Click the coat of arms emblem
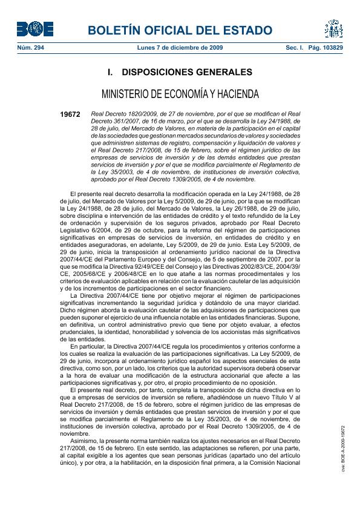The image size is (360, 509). click(x=333, y=28)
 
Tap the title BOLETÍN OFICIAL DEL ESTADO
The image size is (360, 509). click(x=180, y=30)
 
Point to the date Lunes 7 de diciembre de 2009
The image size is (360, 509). click(x=180, y=47)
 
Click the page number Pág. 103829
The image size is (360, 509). click(x=330, y=47)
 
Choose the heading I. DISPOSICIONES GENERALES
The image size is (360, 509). click(x=180, y=73)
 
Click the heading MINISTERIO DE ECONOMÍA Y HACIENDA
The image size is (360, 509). click(x=180, y=94)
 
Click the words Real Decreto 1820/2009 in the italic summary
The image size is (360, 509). click(x=117, y=114)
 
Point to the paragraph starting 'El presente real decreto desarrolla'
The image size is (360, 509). click(x=180, y=242)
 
